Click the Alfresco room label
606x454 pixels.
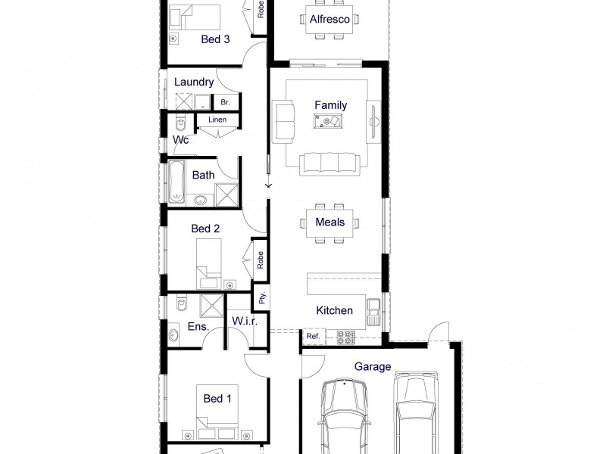(330, 19)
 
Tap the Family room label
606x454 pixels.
(330, 105)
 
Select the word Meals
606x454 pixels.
(330, 222)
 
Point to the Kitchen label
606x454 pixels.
(334, 310)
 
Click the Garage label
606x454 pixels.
(373, 367)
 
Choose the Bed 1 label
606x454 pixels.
(217, 398)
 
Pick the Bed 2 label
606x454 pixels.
(205, 228)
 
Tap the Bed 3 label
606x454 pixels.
(216, 40)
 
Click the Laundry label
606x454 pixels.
(194, 82)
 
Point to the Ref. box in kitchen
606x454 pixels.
(313, 336)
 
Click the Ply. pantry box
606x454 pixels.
(262, 298)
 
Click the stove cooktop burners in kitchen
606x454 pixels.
(345, 336)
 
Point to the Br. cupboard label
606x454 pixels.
(225, 101)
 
